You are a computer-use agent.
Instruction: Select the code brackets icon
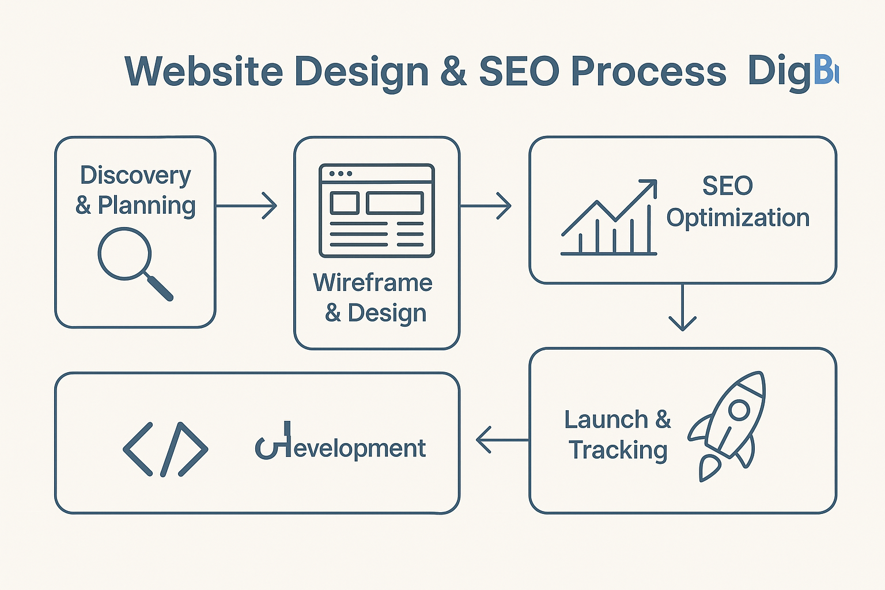coord(165,449)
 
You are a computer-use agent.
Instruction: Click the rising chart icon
coord(609,218)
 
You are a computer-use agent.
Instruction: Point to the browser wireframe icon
coord(377,210)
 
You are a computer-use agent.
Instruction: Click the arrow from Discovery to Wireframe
coord(247,206)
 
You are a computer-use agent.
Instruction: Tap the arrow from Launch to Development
coord(502,440)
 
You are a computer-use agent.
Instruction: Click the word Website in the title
coord(204,72)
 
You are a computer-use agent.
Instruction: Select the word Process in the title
coord(648,72)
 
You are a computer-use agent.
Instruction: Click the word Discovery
coord(135,175)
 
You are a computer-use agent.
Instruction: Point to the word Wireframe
coord(373,283)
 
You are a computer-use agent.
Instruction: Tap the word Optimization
coord(738,218)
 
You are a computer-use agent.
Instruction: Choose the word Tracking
coord(618,450)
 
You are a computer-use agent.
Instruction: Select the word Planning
coord(146,206)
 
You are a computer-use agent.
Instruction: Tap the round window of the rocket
coord(739,410)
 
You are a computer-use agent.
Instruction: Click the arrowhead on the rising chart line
coord(650,186)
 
